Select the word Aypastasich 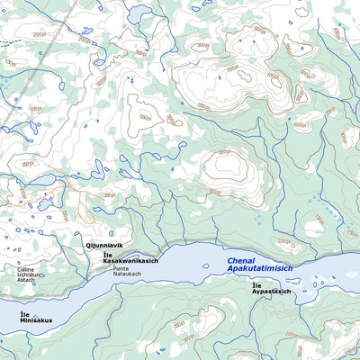point(271,292)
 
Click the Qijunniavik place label point(103,245)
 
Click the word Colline point(25,269)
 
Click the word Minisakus point(36,320)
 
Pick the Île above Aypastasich point(256,286)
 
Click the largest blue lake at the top point(140,15)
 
